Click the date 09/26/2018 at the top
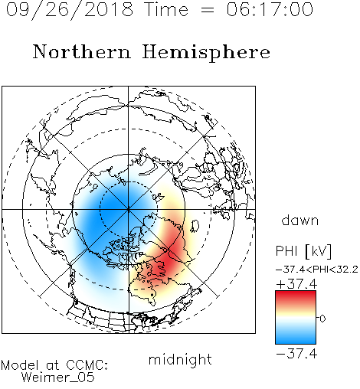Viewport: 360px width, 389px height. tap(70, 10)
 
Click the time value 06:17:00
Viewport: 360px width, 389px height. tap(270, 9)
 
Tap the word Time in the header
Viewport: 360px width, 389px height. tap(166, 9)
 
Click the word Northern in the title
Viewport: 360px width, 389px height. tap(82, 52)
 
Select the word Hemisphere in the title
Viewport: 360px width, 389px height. tap(206, 53)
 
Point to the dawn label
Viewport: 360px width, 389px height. tap(300, 220)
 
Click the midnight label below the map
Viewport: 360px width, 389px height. tap(180, 360)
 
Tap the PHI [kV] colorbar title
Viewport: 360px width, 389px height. tap(303, 251)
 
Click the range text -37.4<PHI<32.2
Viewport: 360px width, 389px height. tap(317, 270)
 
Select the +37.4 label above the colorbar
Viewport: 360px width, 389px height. tap(296, 284)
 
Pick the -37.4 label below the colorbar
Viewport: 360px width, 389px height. tap(296, 354)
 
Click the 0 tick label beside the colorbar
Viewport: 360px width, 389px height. tap(322, 319)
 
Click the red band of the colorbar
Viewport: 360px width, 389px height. tap(296, 296)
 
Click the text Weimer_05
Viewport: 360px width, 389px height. tap(57, 378)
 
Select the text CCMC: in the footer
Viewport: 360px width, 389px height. tap(87, 365)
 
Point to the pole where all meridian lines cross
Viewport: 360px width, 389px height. tap(129, 209)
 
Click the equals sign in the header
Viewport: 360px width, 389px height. tap(208, 10)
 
